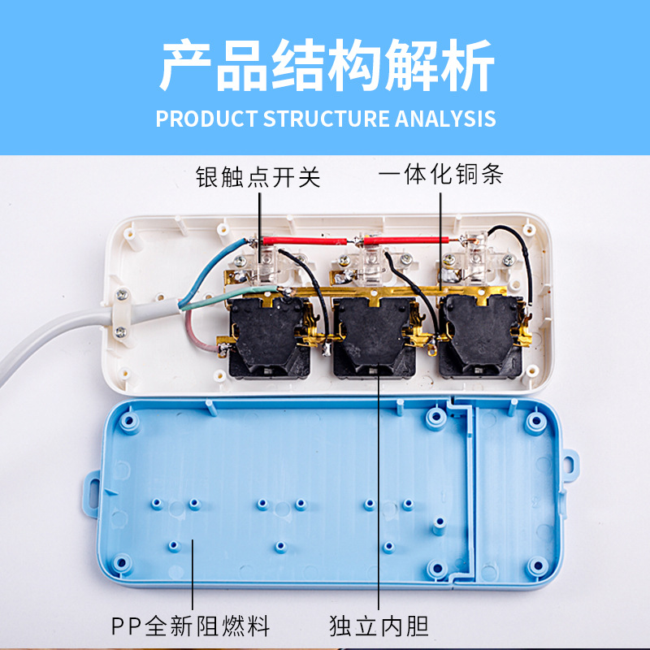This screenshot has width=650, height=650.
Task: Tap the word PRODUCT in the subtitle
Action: pos(206,118)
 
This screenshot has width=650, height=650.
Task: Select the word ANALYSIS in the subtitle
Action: pos(445,118)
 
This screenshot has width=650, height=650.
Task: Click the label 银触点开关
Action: pos(258,176)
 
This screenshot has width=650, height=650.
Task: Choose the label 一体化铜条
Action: pos(441,175)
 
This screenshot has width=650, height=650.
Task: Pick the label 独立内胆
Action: pos(379,626)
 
